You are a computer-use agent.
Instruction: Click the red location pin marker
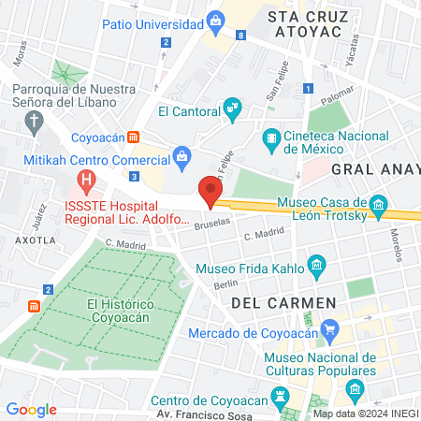[x=210, y=190]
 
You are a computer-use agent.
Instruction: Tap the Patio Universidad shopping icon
[x=216, y=19]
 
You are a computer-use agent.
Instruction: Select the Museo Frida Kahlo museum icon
[x=316, y=267]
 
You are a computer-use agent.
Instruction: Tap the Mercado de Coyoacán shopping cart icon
[x=328, y=329]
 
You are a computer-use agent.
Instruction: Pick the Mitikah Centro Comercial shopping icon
[x=181, y=156]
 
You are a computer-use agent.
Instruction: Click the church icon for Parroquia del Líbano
[x=35, y=121]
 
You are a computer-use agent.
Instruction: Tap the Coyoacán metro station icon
[x=134, y=137]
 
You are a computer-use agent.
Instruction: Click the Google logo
[x=31, y=409]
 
